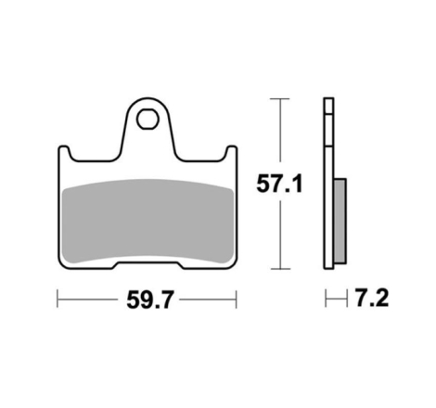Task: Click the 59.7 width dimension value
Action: (150, 300)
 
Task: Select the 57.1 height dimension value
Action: (279, 184)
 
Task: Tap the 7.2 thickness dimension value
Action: (371, 298)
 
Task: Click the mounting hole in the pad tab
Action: (147, 120)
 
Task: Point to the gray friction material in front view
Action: (147, 221)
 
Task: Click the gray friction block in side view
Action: (340, 221)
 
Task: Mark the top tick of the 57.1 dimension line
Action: (280, 98)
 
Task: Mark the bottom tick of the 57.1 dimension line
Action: (280, 269)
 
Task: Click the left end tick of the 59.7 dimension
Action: (58, 299)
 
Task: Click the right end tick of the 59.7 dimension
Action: (237, 300)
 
